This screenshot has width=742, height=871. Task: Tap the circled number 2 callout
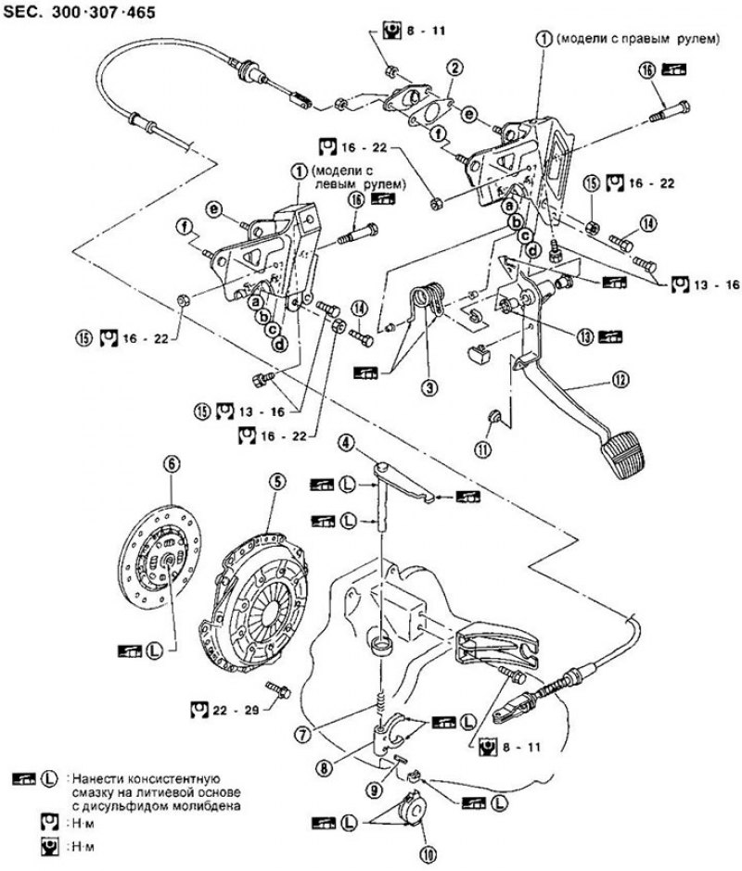coord(454,68)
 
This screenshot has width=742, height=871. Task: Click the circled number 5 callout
coord(275,481)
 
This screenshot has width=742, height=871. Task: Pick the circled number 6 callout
coord(170,460)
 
